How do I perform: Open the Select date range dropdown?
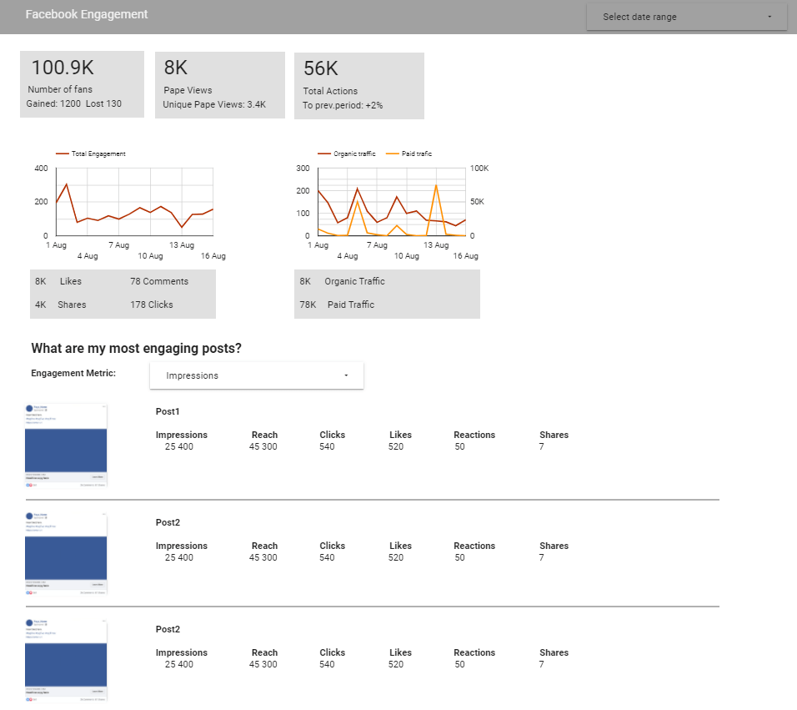click(x=686, y=17)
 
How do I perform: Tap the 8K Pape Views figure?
click(x=176, y=68)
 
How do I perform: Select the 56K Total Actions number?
click(x=321, y=69)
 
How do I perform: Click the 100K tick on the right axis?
click(x=480, y=169)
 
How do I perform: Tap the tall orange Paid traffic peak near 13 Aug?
click(x=436, y=185)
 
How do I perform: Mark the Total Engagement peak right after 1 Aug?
click(x=67, y=184)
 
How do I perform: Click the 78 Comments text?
click(x=159, y=281)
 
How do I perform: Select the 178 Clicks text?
click(x=152, y=305)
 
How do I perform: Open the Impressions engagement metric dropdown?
click(x=257, y=375)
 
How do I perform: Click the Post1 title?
click(x=168, y=411)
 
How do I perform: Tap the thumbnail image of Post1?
click(x=66, y=444)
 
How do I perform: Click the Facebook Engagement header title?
click(x=87, y=15)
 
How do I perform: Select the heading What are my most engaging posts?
click(x=142, y=349)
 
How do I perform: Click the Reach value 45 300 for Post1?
click(x=263, y=446)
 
